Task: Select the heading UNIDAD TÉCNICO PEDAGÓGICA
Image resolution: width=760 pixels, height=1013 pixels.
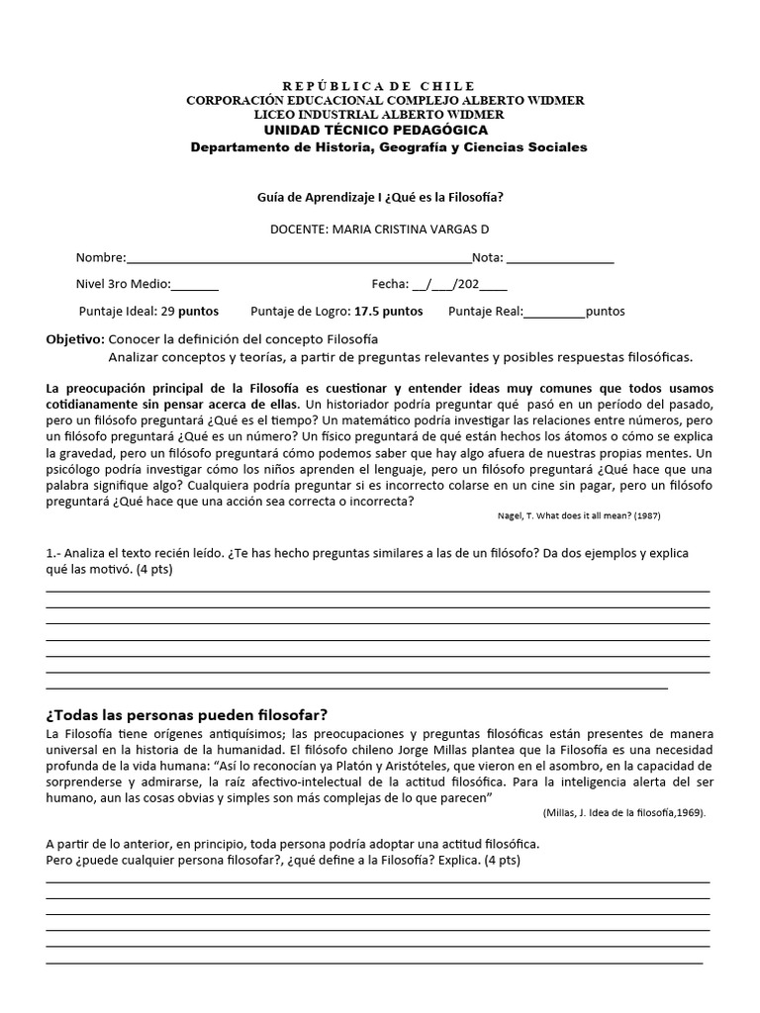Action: tap(375, 130)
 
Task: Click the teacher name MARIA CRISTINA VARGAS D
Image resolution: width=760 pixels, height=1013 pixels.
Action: tap(408, 230)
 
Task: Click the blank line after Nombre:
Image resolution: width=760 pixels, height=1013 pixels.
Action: tap(297, 259)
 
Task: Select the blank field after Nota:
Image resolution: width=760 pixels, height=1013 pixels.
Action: tap(559, 259)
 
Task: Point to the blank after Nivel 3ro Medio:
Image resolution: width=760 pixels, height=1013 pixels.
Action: tap(195, 285)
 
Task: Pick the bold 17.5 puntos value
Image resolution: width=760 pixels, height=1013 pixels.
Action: tap(388, 311)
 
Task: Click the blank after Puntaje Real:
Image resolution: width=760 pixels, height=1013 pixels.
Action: tap(554, 312)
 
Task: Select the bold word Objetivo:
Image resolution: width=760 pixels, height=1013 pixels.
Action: tap(75, 338)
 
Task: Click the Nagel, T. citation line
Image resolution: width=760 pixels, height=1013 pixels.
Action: tap(578, 515)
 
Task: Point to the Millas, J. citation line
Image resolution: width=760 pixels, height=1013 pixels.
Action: tap(624, 812)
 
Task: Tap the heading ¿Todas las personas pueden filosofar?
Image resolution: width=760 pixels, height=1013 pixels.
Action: tap(187, 714)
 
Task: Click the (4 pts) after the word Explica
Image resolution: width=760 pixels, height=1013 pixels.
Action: tap(502, 860)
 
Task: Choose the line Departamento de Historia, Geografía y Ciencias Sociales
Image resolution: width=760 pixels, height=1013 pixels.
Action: tap(388, 147)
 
